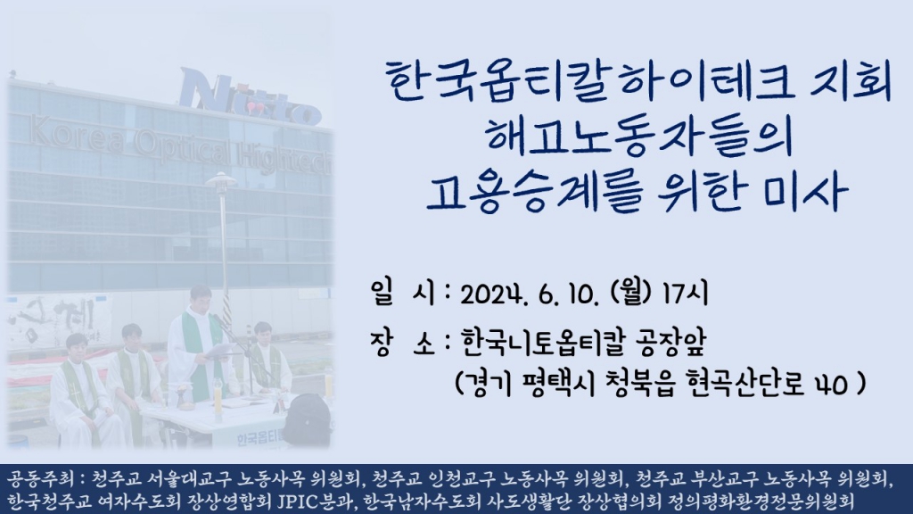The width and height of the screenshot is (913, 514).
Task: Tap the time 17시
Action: coord(684,294)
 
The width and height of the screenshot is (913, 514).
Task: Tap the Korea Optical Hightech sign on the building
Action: coord(178,147)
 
